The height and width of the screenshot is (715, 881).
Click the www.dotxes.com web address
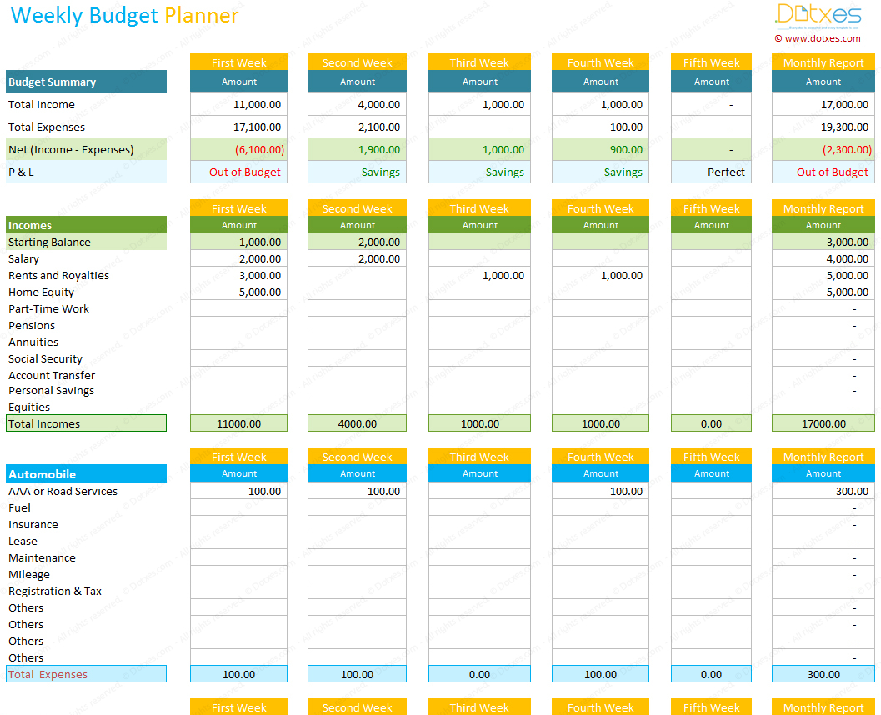(822, 38)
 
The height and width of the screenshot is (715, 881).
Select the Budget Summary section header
(52, 82)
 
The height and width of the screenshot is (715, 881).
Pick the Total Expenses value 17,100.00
(258, 127)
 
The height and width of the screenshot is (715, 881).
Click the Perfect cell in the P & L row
(726, 172)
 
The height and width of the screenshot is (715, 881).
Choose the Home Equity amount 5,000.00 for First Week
(261, 292)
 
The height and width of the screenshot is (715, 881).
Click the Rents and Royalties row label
(58, 276)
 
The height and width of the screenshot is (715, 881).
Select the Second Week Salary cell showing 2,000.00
(379, 259)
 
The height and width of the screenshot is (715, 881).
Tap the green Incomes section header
(30, 225)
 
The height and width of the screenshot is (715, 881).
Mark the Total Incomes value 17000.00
(823, 423)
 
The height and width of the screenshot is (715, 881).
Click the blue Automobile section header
(42, 474)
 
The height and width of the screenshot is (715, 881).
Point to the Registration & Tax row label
(55, 592)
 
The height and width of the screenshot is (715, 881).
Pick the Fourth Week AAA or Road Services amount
(626, 492)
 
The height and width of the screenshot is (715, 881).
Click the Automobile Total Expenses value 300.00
(823, 674)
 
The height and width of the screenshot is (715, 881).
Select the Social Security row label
(45, 359)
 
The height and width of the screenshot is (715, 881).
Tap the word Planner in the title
(201, 15)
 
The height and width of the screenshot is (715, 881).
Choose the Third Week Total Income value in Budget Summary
(503, 105)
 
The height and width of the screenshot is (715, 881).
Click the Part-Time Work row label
(48, 309)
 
